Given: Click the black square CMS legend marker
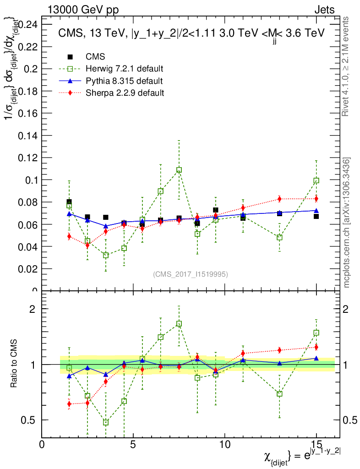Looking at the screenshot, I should click(70, 57).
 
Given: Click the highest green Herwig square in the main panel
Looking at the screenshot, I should click(179, 170).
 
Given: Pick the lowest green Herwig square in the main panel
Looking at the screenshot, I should click(106, 255).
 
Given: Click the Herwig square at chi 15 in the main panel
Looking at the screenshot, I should click(316, 180).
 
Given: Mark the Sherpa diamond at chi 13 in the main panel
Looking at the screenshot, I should click(279, 199).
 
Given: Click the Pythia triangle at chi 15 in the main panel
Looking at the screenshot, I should click(316, 211).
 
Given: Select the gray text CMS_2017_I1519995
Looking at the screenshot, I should click(190, 274).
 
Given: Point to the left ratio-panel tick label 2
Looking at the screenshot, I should click(33, 309).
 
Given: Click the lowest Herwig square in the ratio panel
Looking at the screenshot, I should click(106, 422).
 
